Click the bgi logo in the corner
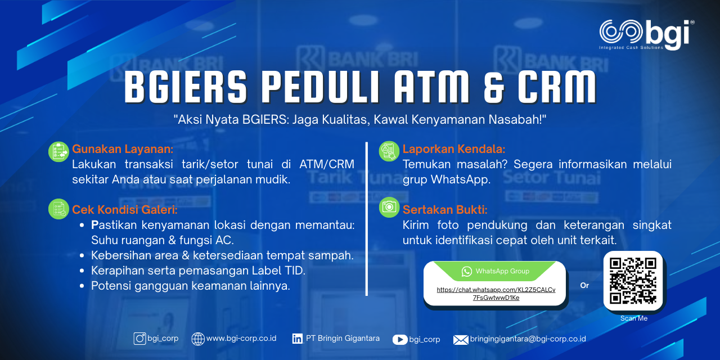tap(646, 35)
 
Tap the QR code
tap(633, 281)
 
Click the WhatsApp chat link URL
tap(496, 294)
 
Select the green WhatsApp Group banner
tap(495, 271)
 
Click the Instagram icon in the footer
tap(140, 339)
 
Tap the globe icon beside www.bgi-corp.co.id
tap(197, 339)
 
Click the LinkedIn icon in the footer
tap(298, 339)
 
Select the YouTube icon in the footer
tap(400, 339)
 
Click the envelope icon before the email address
tap(461, 340)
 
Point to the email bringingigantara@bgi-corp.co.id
tap(528, 339)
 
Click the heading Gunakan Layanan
tap(123, 149)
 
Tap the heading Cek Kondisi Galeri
tap(125, 210)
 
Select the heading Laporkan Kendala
tap(454, 149)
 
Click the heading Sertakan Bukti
tap(445, 210)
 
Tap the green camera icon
tap(389, 207)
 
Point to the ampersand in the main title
tap(494, 87)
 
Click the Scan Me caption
tap(633, 318)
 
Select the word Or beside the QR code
tap(584, 285)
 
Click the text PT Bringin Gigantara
tap(343, 339)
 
